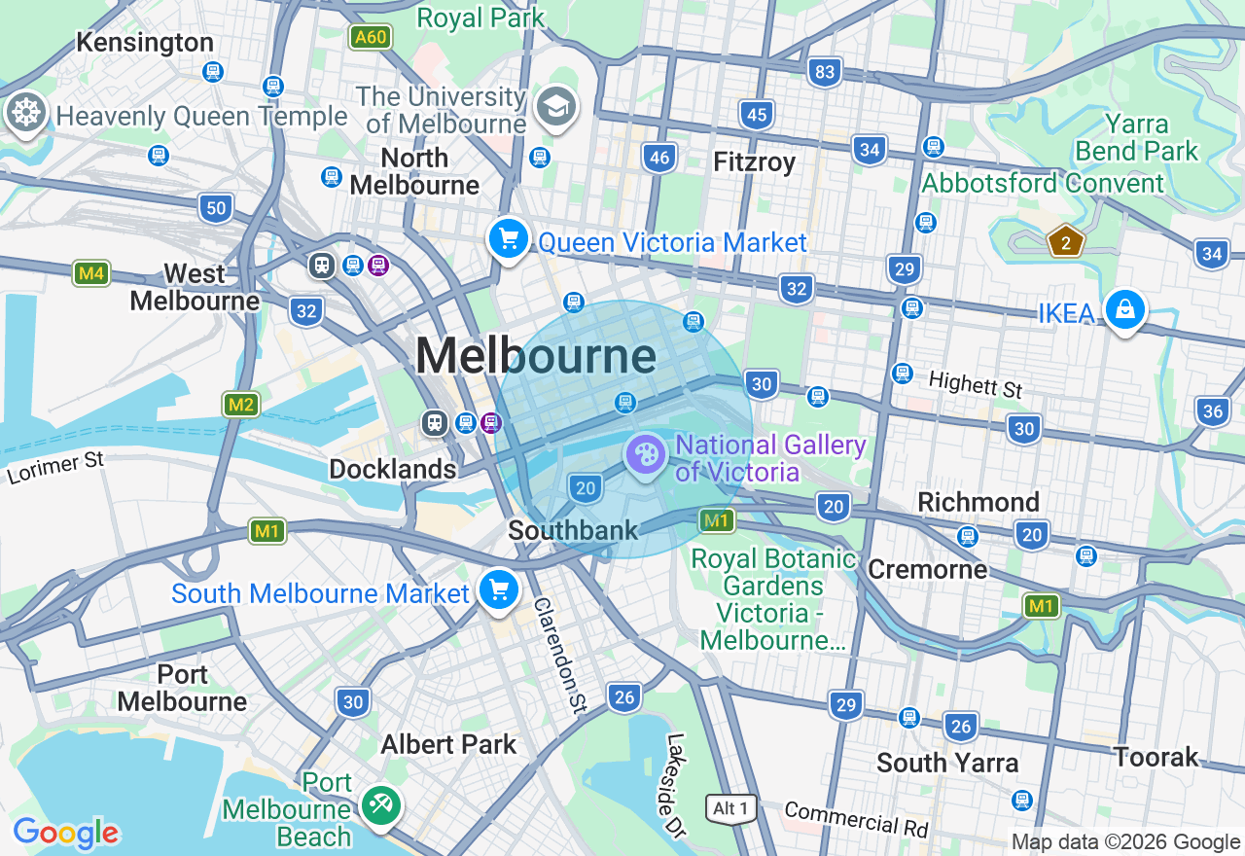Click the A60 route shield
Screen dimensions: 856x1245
coord(371,37)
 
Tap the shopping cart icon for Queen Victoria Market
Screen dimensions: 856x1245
coord(508,238)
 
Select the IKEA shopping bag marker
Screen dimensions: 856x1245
coord(1124,310)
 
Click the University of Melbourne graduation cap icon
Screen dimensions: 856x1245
coord(556,107)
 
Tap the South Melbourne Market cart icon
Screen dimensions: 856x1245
coord(498,589)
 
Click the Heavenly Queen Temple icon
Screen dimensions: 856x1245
coord(25,113)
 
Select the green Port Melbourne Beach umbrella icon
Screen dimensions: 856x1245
coord(379,804)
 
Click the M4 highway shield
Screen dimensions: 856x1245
coord(91,273)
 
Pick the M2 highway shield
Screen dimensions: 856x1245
coord(240,405)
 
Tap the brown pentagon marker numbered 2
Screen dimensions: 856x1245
coord(1066,242)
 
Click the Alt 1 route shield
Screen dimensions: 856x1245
coord(730,808)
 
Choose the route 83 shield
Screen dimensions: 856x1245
coord(825,71)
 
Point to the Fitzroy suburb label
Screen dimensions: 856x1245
coord(754,161)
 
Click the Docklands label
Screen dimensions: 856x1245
coord(392,469)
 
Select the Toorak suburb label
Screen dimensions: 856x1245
coord(1156,757)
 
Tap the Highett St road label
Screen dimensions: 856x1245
coord(976,384)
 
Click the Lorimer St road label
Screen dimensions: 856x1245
coord(55,467)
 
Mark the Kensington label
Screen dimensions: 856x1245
coord(145,42)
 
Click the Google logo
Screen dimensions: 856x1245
coord(66,834)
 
